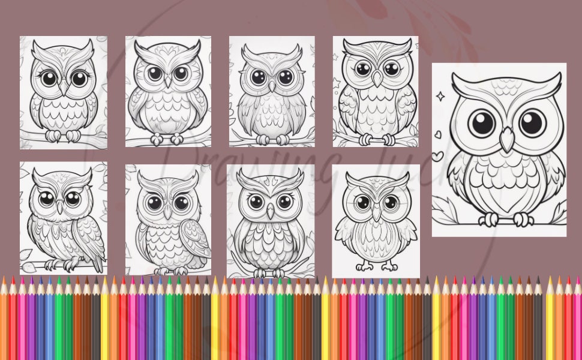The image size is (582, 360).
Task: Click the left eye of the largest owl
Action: pyautogui.click(x=481, y=122)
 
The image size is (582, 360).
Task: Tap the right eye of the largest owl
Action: pyautogui.click(x=532, y=122)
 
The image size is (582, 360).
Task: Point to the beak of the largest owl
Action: pyautogui.click(x=508, y=140)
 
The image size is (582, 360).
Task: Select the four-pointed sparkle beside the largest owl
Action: pyautogui.click(x=441, y=95)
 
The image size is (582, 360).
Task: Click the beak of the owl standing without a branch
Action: pyautogui.click(x=376, y=211)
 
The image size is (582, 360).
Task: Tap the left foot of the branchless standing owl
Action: pyautogui.click(x=364, y=265)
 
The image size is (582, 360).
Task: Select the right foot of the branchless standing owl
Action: pyautogui.click(x=389, y=265)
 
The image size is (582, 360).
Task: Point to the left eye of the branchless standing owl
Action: pyautogui.click(x=364, y=201)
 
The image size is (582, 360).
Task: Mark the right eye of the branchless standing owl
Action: pyautogui.click(x=389, y=201)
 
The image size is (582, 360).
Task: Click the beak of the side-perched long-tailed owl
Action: pyautogui.click(x=60, y=206)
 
